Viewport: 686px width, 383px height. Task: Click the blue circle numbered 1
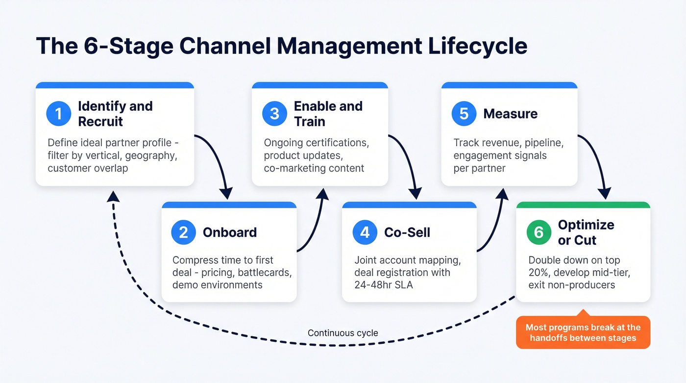[58, 114]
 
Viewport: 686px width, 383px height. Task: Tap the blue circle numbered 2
[183, 232]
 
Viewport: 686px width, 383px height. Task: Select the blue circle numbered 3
[274, 114]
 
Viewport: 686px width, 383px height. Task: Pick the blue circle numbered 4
[365, 232]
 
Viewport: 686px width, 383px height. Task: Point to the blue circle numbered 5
[464, 114]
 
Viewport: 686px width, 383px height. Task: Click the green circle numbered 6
[539, 232]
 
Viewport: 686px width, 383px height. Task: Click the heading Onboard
[229, 232]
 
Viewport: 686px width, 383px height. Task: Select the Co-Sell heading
[407, 232]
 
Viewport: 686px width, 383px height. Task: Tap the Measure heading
[510, 114]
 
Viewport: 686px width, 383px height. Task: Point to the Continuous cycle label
[343, 333]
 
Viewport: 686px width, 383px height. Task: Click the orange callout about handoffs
[583, 332]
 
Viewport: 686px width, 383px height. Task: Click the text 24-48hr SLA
[384, 284]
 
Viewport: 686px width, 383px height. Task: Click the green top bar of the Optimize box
[583, 205]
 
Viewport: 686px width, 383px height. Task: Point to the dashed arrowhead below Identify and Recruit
[113, 196]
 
